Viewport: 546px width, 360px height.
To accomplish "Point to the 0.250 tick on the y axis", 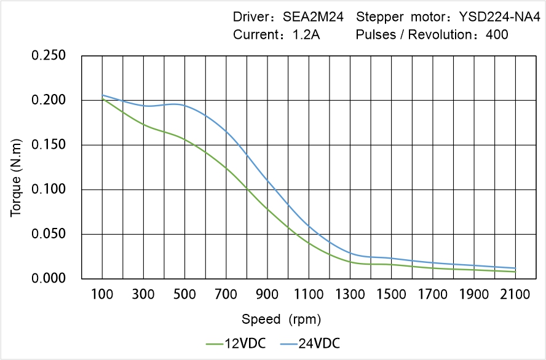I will pyautogui.click(x=48, y=56).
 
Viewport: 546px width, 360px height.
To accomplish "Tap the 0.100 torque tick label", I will pyautogui.click(x=48, y=190).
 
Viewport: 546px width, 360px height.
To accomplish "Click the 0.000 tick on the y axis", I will pyautogui.click(x=48, y=279).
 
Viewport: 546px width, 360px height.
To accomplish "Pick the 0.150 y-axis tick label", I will pyautogui.click(x=48, y=145).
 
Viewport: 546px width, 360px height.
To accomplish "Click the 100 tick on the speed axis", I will pyautogui.click(x=102, y=295).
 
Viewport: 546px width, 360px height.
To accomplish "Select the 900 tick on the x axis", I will pyautogui.click(x=267, y=295).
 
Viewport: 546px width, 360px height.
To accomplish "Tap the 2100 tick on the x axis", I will pyautogui.click(x=515, y=295).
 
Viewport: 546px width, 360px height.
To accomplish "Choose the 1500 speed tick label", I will pyautogui.click(x=391, y=295).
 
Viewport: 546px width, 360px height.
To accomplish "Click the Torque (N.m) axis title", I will pyautogui.click(x=16, y=167).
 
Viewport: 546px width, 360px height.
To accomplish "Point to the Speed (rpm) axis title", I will pyautogui.click(x=281, y=319).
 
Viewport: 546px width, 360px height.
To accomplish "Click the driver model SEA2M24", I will pyautogui.click(x=312, y=17).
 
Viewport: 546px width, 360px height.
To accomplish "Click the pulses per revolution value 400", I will pyautogui.click(x=497, y=34).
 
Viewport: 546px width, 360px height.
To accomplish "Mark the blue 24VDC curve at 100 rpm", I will pyautogui.click(x=102, y=95).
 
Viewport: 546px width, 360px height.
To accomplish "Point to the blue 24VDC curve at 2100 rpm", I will pyautogui.click(x=515, y=268).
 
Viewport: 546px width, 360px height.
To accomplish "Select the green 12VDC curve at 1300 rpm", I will pyautogui.click(x=350, y=262).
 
